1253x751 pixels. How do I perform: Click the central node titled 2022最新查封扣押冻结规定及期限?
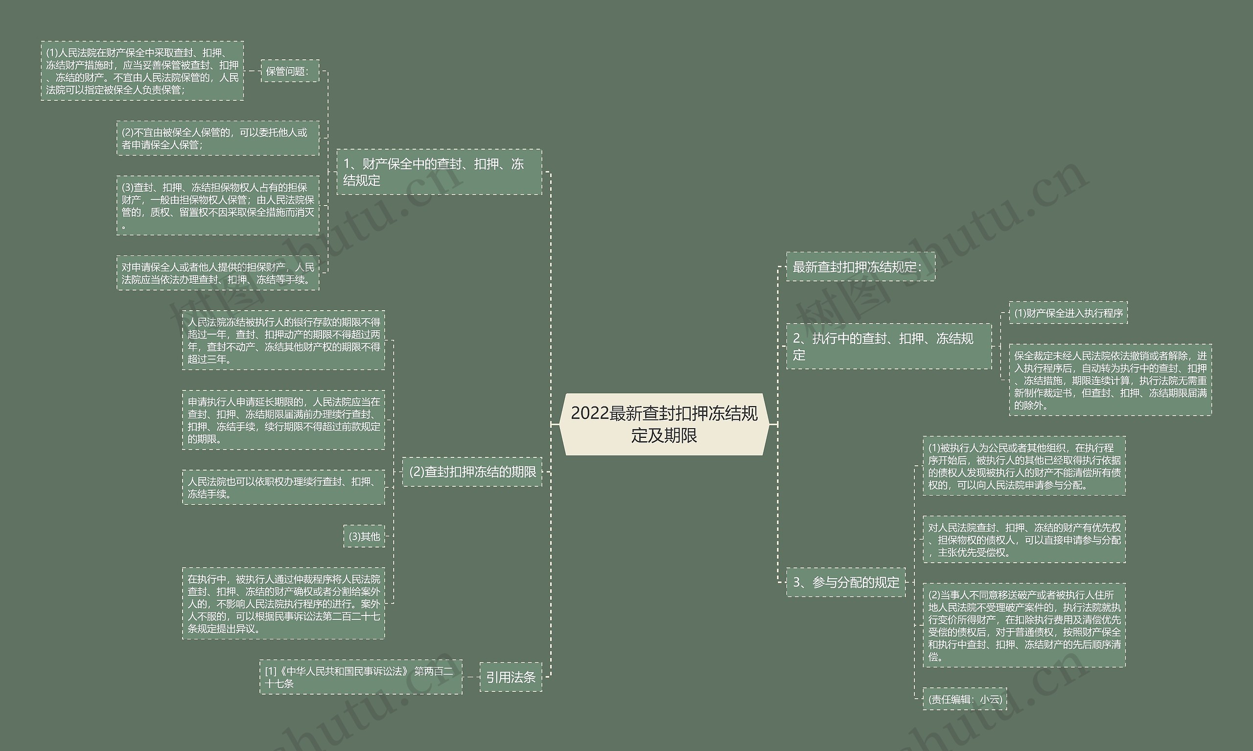pyautogui.click(x=664, y=424)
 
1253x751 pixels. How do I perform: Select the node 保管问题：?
pyautogui.click(x=290, y=71)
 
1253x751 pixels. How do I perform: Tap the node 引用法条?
pyautogui.click(x=510, y=677)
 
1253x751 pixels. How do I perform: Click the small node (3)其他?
pyautogui.click(x=364, y=536)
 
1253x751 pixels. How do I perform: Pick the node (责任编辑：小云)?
pyautogui.click(x=964, y=699)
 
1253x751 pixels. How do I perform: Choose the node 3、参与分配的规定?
pyautogui.click(x=845, y=582)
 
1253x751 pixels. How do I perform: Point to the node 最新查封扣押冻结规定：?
pyautogui.click(x=860, y=267)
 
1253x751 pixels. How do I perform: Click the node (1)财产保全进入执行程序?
pyautogui.click(x=1068, y=313)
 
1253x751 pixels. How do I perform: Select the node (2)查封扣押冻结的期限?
pyautogui.click(x=472, y=472)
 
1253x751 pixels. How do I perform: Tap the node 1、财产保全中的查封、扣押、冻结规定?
pyautogui.click(x=439, y=172)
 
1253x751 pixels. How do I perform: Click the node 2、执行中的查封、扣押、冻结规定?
pyautogui.click(x=888, y=346)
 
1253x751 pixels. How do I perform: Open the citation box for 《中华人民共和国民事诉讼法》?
pyautogui.click(x=360, y=677)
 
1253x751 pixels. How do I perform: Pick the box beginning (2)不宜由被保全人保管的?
pyautogui.click(x=218, y=138)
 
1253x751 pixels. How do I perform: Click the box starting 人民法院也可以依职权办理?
pyautogui.click(x=283, y=487)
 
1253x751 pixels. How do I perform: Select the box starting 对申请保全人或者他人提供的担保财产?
pyautogui.click(x=218, y=273)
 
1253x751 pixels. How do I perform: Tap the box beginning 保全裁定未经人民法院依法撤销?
pyautogui.click(x=1110, y=380)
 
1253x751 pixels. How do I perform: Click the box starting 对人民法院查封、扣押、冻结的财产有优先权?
pyautogui.click(x=1023, y=540)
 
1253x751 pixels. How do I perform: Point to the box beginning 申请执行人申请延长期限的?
pyautogui.click(x=283, y=420)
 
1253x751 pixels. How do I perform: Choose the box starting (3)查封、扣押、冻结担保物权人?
pyautogui.click(x=218, y=205)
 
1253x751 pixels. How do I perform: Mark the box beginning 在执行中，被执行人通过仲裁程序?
pyautogui.click(x=283, y=603)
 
